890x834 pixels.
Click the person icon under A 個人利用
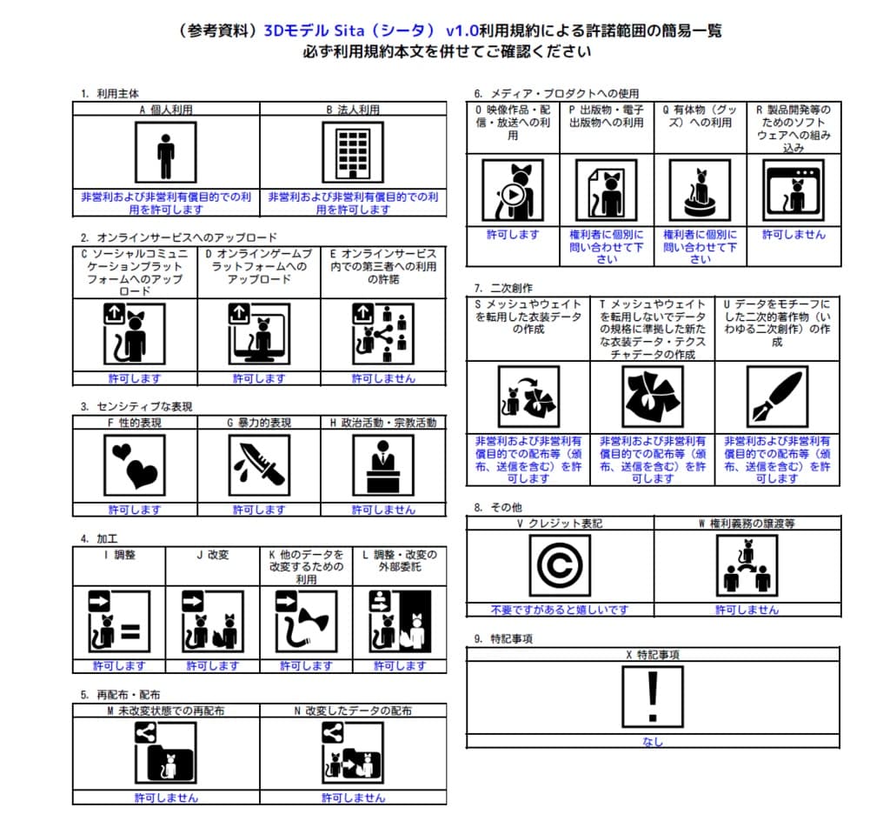pos(165,152)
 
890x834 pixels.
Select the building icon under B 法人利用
pos(352,152)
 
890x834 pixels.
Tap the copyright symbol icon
pos(560,565)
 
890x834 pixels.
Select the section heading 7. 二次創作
pos(504,288)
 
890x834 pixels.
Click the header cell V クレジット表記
pos(560,524)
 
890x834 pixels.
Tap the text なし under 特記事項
pos(653,742)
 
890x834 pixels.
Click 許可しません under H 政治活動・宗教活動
pos(383,510)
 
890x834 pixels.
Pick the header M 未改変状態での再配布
pos(165,711)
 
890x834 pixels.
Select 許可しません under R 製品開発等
pos(794,235)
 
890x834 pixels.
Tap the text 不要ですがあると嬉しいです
pos(560,610)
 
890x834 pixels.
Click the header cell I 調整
pos(118,555)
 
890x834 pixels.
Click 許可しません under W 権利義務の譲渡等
pos(747,610)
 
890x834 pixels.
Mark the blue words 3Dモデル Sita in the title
pos(320,31)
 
